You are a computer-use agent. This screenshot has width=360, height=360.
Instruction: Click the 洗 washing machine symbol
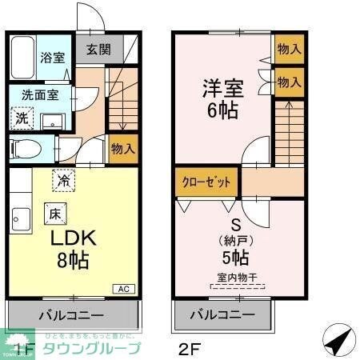[22, 118]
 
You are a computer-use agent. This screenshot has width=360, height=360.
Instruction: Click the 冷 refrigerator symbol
[62, 180]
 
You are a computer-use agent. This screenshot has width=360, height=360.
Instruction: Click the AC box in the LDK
[125, 288]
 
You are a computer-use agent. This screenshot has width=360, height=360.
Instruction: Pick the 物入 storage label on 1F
[122, 149]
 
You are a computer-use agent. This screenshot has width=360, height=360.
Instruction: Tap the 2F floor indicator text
[186, 350]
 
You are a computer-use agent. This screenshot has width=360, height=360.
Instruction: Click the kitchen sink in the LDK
[21, 218]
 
